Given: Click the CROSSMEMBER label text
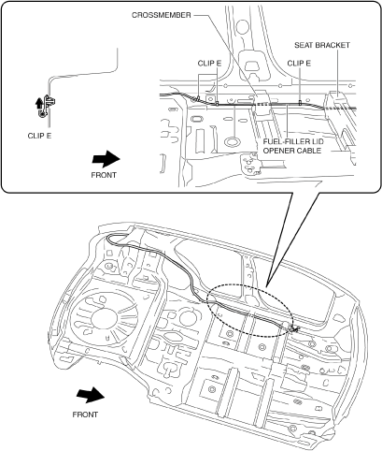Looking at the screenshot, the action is pyautogui.click(x=162, y=15).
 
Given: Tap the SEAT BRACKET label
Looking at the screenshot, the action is pyautogui.click(x=322, y=45).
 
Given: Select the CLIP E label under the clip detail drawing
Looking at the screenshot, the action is pyautogui.click(x=39, y=136).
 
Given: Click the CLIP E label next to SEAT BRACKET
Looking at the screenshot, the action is pyautogui.click(x=299, y=64).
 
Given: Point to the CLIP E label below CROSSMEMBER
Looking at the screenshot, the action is pyautogui.click(x=209, y=64).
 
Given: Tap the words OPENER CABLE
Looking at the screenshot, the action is pyautogui.click(x=292, y=151).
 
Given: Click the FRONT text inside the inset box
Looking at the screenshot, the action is pyautogui.click(x=104, y=175).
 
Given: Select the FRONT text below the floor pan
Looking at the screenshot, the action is pyautogui.click(x=85, y=415).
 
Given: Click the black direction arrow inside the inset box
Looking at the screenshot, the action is pyautogui.click(x=106, y=159).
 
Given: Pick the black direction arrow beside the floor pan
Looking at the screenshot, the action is pyautogui.click(x=91, y=395).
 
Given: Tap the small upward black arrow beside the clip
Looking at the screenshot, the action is pyautogui.click(x=39, y=103).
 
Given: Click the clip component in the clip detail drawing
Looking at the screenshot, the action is pyautogui.click(x=47, y=106).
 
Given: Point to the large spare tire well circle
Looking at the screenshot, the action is pyautogui.click(x=105, y=318).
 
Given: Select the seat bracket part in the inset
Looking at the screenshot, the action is pyautogui.click(x=338, y=120).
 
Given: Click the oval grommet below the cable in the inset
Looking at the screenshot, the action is pyautogui.click(x=233, y=142).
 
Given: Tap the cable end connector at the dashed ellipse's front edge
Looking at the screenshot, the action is pyautogui.click(x=293, y=327).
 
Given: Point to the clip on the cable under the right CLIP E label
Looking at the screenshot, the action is pyautogui.click(x=300, y=102).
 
